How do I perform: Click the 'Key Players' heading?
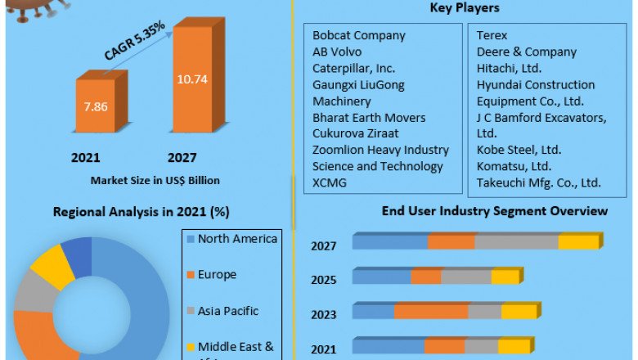464,8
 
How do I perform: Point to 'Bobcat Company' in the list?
358,36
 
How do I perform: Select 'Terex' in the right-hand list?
492,36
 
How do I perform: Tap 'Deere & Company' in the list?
527,52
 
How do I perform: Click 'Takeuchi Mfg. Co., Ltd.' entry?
539,182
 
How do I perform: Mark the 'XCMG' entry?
330,182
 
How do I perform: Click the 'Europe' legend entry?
216,275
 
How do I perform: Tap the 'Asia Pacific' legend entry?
228,311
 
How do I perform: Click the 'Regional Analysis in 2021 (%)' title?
141,212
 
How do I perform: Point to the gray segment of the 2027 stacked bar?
516,241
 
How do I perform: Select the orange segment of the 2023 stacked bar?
431,312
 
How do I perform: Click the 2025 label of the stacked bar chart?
324,280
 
